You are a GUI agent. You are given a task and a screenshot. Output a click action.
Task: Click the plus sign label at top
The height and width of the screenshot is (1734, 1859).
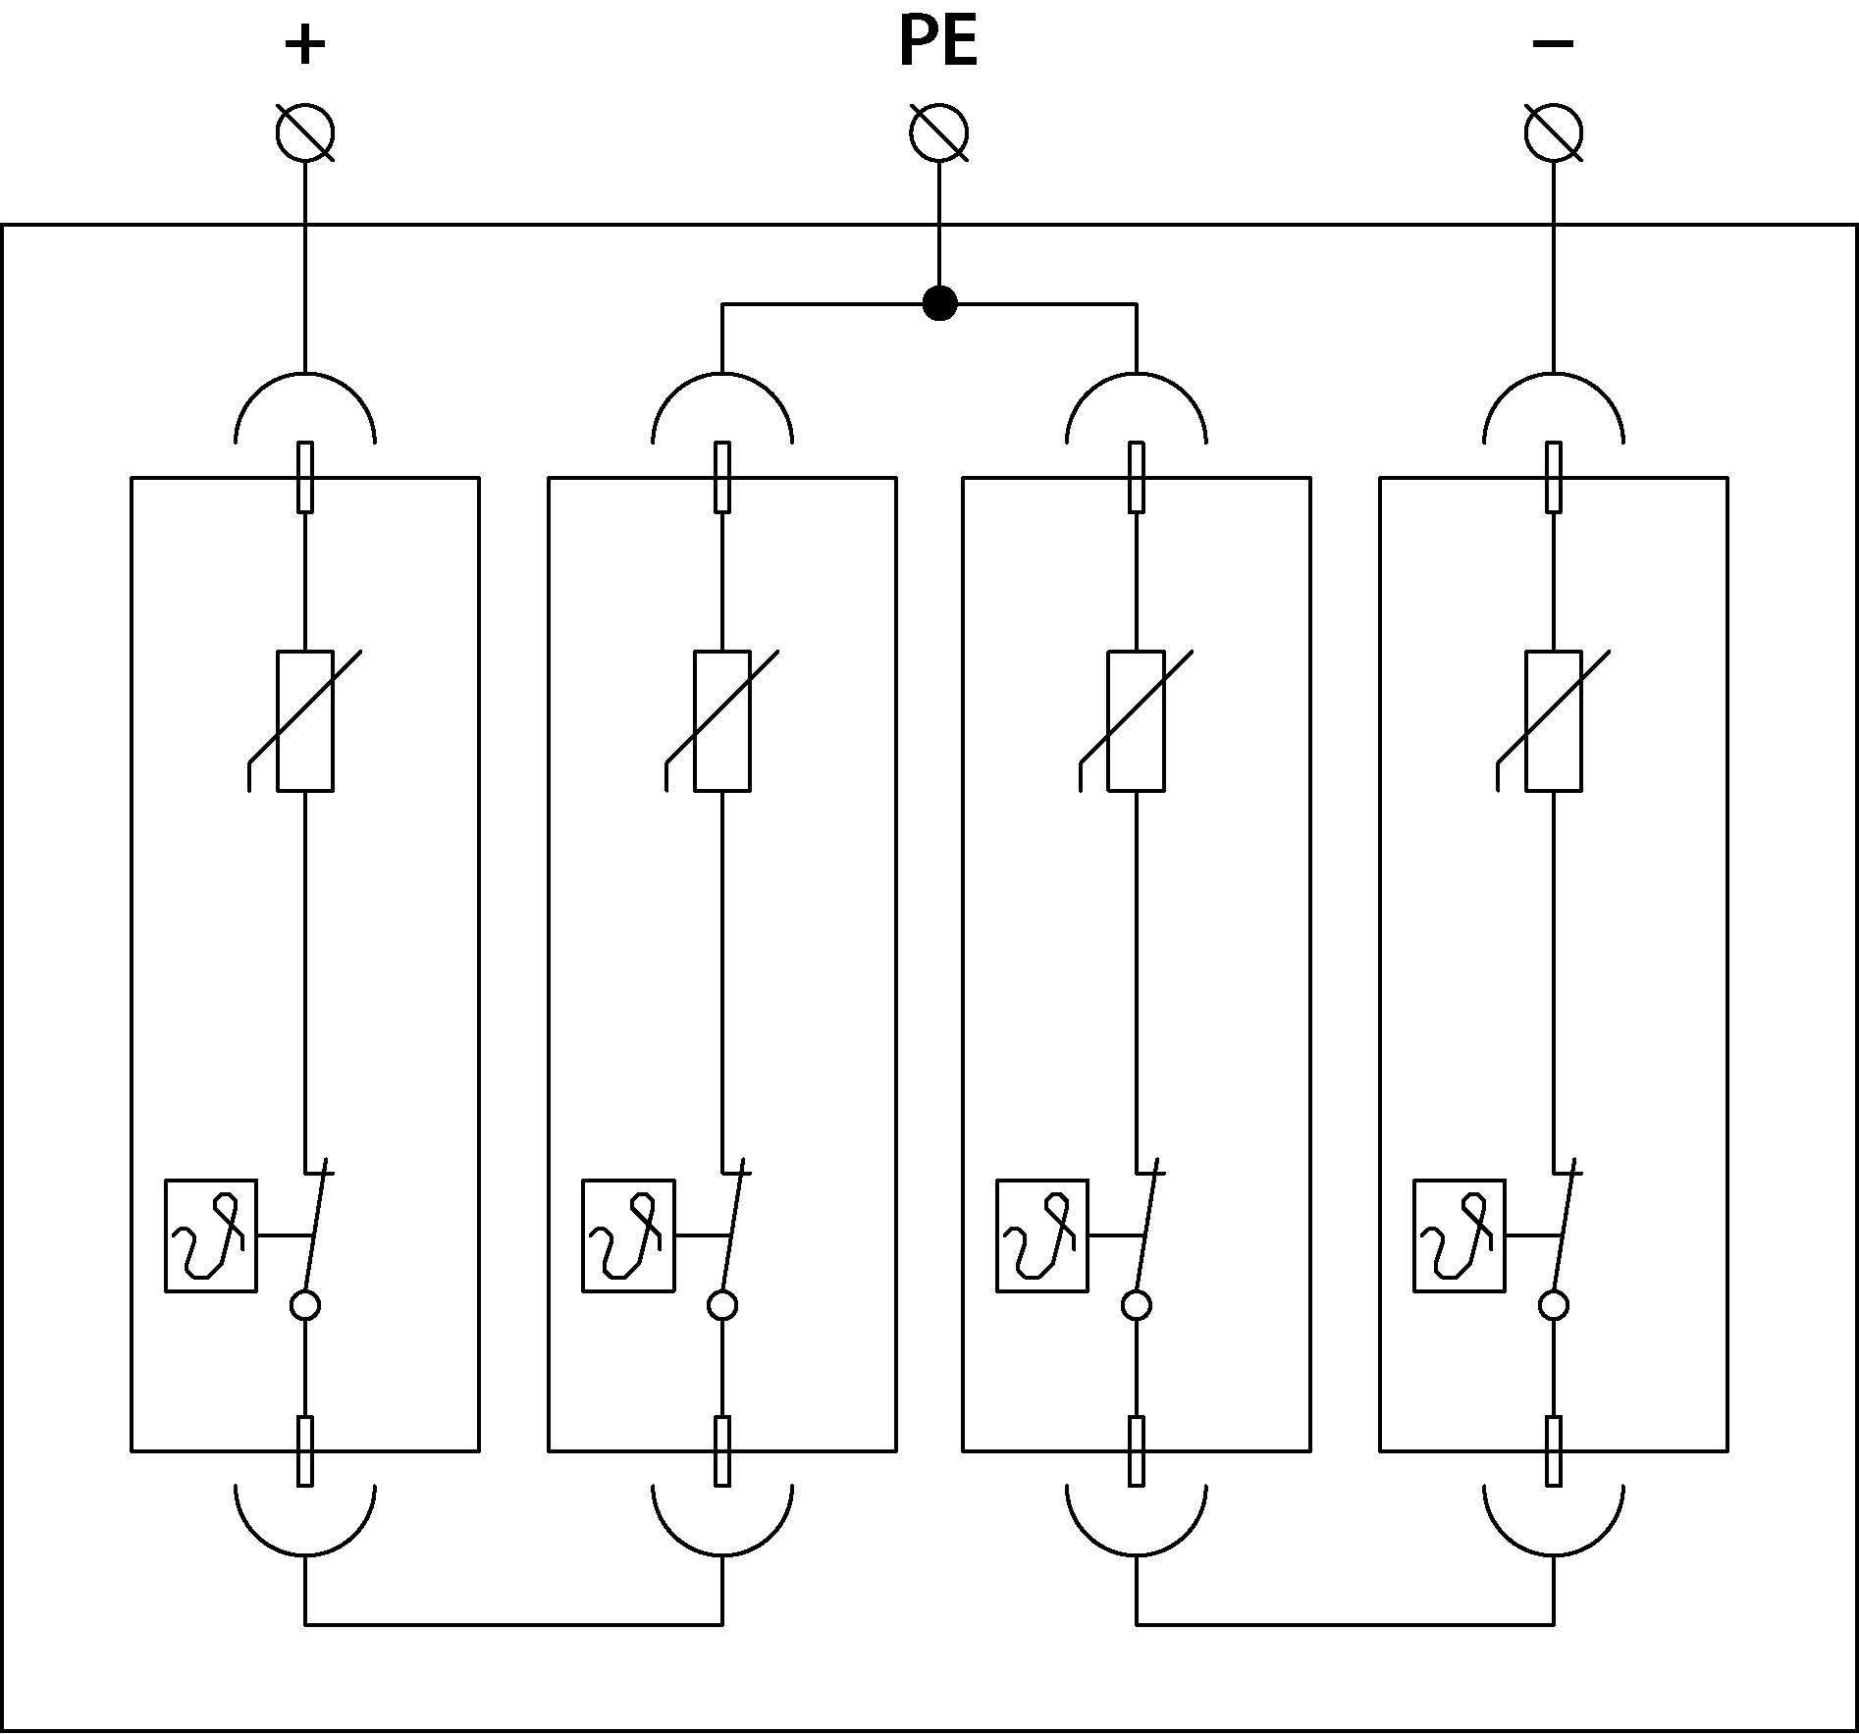(304, 45)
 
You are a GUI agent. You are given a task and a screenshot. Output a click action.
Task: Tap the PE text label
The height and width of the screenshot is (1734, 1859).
(938, 43)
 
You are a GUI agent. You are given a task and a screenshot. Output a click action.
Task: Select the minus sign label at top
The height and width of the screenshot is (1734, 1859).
(1553, 43)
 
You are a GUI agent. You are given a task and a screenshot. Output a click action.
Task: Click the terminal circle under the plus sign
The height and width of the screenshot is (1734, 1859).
(305, 132)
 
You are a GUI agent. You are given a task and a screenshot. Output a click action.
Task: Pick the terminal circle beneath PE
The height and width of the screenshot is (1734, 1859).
(939, 132)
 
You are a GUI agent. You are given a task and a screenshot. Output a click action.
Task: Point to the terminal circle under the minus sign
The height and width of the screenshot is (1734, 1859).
(1554, 132)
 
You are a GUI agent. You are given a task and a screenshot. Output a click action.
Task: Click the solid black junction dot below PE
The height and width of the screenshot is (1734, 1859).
(939, 303)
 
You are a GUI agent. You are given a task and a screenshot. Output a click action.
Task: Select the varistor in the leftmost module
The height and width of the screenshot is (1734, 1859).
(305, 719)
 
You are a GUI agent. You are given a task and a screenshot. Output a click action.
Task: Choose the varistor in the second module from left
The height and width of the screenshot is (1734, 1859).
(722, 719)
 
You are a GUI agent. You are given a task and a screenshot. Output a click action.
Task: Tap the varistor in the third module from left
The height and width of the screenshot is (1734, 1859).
(1137, 719)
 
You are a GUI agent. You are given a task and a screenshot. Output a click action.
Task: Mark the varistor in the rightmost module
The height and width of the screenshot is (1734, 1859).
(1554, 719)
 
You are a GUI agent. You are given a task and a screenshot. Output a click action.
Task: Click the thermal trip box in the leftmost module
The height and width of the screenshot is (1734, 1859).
(211, 1235)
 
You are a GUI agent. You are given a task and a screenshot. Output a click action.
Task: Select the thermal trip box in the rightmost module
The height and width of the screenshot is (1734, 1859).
(1460, 1235)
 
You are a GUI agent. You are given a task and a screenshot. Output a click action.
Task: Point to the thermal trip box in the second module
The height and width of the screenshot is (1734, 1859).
(628, 1235)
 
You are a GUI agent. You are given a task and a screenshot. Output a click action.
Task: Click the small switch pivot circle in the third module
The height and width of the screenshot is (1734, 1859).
(1137, 1305)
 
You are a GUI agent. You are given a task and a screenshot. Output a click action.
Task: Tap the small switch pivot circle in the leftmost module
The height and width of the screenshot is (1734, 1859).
(305, 1305)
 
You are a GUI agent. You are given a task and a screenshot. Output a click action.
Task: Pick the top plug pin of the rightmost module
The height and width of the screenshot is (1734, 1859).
(1554, 477)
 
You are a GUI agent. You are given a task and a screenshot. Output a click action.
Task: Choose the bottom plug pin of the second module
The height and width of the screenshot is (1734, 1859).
(722, 1450)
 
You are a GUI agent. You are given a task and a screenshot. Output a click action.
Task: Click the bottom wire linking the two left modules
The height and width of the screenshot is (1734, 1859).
(513, 1624)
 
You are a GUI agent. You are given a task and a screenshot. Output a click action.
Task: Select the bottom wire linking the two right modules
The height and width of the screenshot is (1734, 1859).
(1345, 1624)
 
